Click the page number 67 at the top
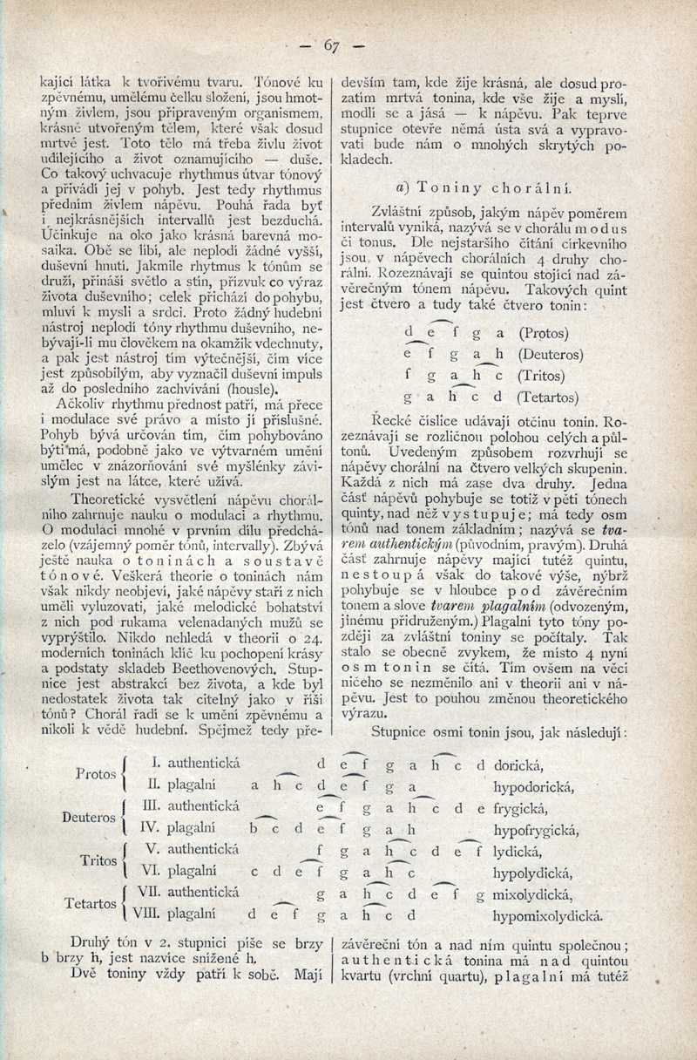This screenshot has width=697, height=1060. (331, 45)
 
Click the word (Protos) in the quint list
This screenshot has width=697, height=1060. (544, 333)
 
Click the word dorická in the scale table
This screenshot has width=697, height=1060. (518, 765)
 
